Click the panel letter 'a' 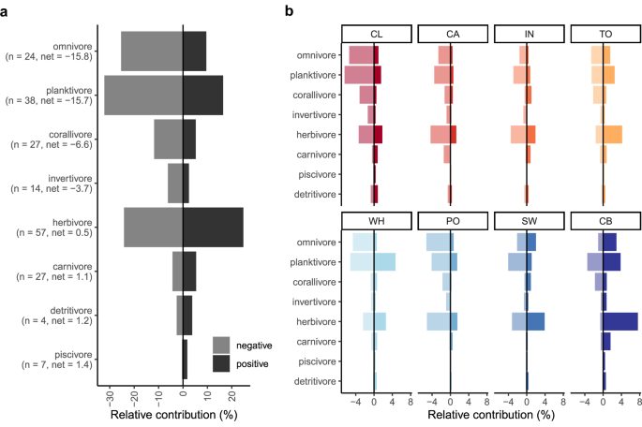point(7,10)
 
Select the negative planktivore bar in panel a point(142,95)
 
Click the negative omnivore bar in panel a point(151,51)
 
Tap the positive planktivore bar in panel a point(202,95)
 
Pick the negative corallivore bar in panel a point(168,139)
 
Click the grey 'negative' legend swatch point(221,345)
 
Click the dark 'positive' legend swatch point(221,362)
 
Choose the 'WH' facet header point(375,221)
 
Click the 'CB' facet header point(605,221)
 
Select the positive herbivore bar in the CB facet point(620,321)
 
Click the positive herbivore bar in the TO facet point(613,135)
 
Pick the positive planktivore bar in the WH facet point(384,262)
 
